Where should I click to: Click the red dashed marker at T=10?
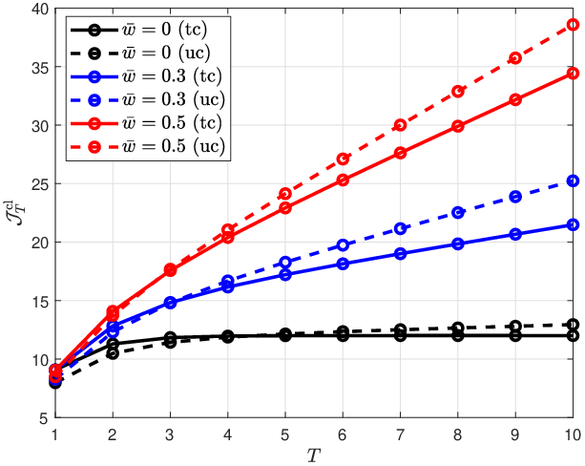[573, 25]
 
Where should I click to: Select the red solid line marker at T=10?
[573, 74]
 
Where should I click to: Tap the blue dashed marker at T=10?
[573, 181]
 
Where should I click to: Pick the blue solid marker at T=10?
[573, 224]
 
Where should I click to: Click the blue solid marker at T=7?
[400, 254]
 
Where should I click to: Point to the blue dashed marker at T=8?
[458, 212]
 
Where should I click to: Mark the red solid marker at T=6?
[343, 180]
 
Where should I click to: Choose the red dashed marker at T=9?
[515, 58]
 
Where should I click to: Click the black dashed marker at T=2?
[113, 353]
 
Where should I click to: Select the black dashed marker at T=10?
[573, 325]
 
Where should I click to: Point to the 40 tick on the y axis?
[40, 9]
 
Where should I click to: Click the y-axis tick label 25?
[40, 183]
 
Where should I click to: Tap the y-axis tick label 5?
[44, 418]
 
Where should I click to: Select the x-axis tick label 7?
[400, 434]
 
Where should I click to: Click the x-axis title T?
[314, 455]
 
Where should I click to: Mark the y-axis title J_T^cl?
[15, 213]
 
